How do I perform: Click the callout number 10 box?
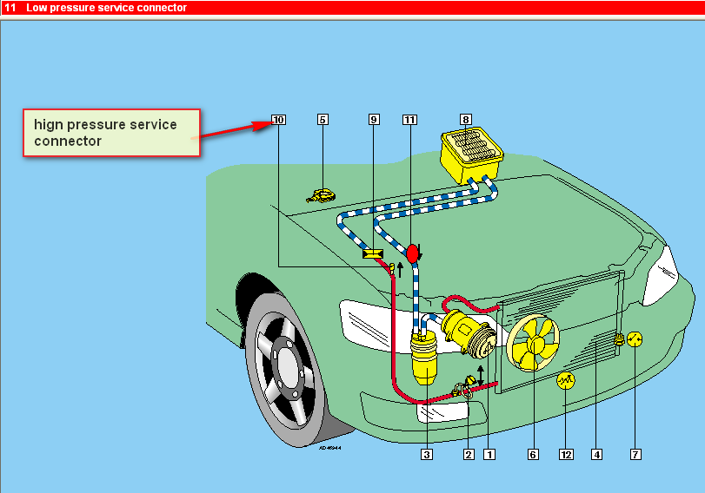pyautogui.click(x=278, y=120)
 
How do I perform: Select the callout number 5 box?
pyautogui.click(x=323, y=120)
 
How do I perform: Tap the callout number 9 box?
pyautogui.click(x=374, y=120)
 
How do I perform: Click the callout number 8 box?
pyautogui.click(x=466, y=120)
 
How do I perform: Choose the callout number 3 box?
pyautogui.click(x=427, y=453)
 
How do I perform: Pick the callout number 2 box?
pyautogui.click(x=469, y=453)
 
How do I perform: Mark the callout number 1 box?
pyautogui.click(x=489, y=453)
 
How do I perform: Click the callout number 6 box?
pyautogui.click(x=533, y=453)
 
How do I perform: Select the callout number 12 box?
pyautogui.click(x=567, y=453)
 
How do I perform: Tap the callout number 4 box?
pyautogui.click(x=596, y=453)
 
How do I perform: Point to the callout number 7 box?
pyautogui.click(x=635, y=453)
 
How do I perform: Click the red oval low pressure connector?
pyautogui.click(x=413, y=253)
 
